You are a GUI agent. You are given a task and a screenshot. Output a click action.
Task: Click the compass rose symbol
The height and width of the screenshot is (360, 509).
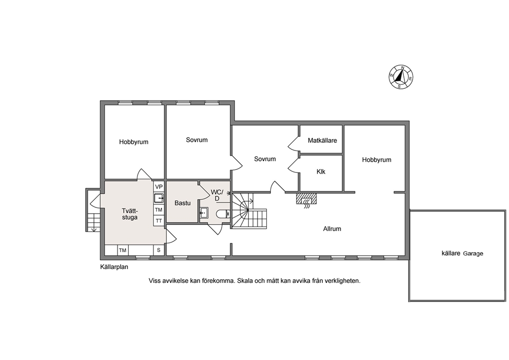coord(401,77)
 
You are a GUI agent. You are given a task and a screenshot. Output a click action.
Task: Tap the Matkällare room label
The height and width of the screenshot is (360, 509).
coord(322,141)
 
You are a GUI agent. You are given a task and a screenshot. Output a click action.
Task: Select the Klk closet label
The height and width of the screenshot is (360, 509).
coord(321,172)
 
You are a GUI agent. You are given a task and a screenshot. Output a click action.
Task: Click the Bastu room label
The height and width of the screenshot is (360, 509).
coord(183,203)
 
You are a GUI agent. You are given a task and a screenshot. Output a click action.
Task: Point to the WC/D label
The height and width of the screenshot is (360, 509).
coord(217,195)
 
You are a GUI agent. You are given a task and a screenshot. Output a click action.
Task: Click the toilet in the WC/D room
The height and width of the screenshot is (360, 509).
coord(223,214)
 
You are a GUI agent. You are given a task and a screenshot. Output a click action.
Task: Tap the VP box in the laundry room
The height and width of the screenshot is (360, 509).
coord(159,187)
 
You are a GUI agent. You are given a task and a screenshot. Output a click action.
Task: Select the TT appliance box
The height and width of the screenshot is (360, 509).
coord(159,221)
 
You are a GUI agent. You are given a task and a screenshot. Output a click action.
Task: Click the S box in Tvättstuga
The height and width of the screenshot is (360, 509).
coord(159,250)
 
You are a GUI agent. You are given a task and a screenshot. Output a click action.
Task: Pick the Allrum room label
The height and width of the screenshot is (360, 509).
coord(332,229)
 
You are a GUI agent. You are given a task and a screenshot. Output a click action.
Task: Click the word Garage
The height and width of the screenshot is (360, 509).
coord(473,254)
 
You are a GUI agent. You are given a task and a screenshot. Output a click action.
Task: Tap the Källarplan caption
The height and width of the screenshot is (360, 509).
coord(114,267)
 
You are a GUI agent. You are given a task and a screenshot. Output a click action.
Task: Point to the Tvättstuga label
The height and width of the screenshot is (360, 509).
coord(130,214)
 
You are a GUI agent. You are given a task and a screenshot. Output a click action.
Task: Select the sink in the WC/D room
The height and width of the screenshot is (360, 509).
coord(204,213)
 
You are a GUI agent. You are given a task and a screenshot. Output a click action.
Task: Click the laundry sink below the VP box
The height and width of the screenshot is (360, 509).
coord(159,198)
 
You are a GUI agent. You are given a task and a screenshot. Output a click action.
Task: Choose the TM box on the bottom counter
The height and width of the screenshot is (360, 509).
coord(123,250)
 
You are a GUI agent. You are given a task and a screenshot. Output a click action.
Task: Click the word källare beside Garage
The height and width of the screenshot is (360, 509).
coord(451,253)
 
